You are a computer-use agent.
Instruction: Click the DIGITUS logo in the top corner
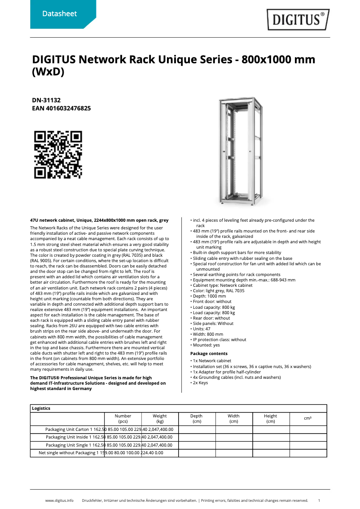298,19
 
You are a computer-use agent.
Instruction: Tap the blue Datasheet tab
59,14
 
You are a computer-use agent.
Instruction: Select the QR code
58,154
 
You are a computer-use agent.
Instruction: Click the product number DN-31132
46,100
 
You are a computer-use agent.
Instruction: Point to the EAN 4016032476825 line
61,108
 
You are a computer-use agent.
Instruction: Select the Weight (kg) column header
160,419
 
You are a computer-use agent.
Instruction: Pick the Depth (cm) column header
197,419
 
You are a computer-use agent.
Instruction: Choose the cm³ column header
307,418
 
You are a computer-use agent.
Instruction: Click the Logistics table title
41,408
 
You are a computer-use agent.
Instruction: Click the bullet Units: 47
202,329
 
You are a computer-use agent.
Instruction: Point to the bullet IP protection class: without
220,340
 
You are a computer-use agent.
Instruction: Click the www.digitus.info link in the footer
59,500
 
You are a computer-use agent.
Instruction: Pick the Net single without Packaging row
67,453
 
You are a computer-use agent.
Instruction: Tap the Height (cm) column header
271,419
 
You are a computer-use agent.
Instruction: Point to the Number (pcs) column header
123,419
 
